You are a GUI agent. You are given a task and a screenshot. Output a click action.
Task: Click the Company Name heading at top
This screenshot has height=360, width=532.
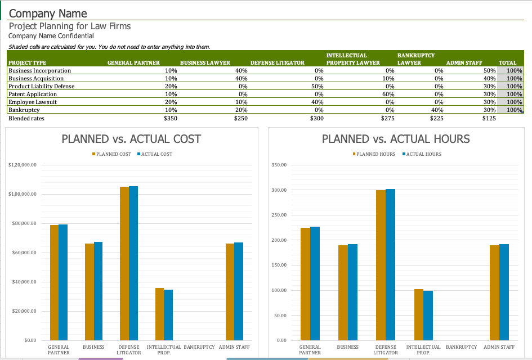click(48, 13)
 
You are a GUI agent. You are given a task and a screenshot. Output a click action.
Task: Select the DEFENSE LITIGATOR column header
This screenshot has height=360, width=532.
click(277, 62)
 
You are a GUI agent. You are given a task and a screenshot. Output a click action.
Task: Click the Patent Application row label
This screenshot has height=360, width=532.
click(33, 94)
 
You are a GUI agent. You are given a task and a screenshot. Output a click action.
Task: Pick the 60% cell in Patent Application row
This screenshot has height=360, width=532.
click(388, 94)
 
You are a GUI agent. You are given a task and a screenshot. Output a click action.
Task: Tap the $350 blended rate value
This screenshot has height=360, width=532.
click(170, 119)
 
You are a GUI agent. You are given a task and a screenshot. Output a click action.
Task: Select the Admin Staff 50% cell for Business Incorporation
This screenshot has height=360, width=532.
click(489, 71)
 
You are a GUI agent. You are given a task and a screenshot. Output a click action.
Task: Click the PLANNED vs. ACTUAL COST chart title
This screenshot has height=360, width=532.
click(131, 139)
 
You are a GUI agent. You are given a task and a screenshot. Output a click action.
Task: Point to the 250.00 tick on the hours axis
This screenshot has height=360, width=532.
click(279, 215)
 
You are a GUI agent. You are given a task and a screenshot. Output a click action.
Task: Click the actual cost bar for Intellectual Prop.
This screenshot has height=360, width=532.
click(168, 314)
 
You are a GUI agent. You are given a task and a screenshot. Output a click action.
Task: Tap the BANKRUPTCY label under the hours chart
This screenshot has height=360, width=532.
click(461, 348)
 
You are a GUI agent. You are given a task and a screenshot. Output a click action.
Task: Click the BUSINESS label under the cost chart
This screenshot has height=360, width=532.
click(94, 348)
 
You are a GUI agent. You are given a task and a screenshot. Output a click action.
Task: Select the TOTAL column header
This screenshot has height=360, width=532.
click(507, 62)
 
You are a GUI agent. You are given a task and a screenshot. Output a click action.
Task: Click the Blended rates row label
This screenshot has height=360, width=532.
click(26, 119)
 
